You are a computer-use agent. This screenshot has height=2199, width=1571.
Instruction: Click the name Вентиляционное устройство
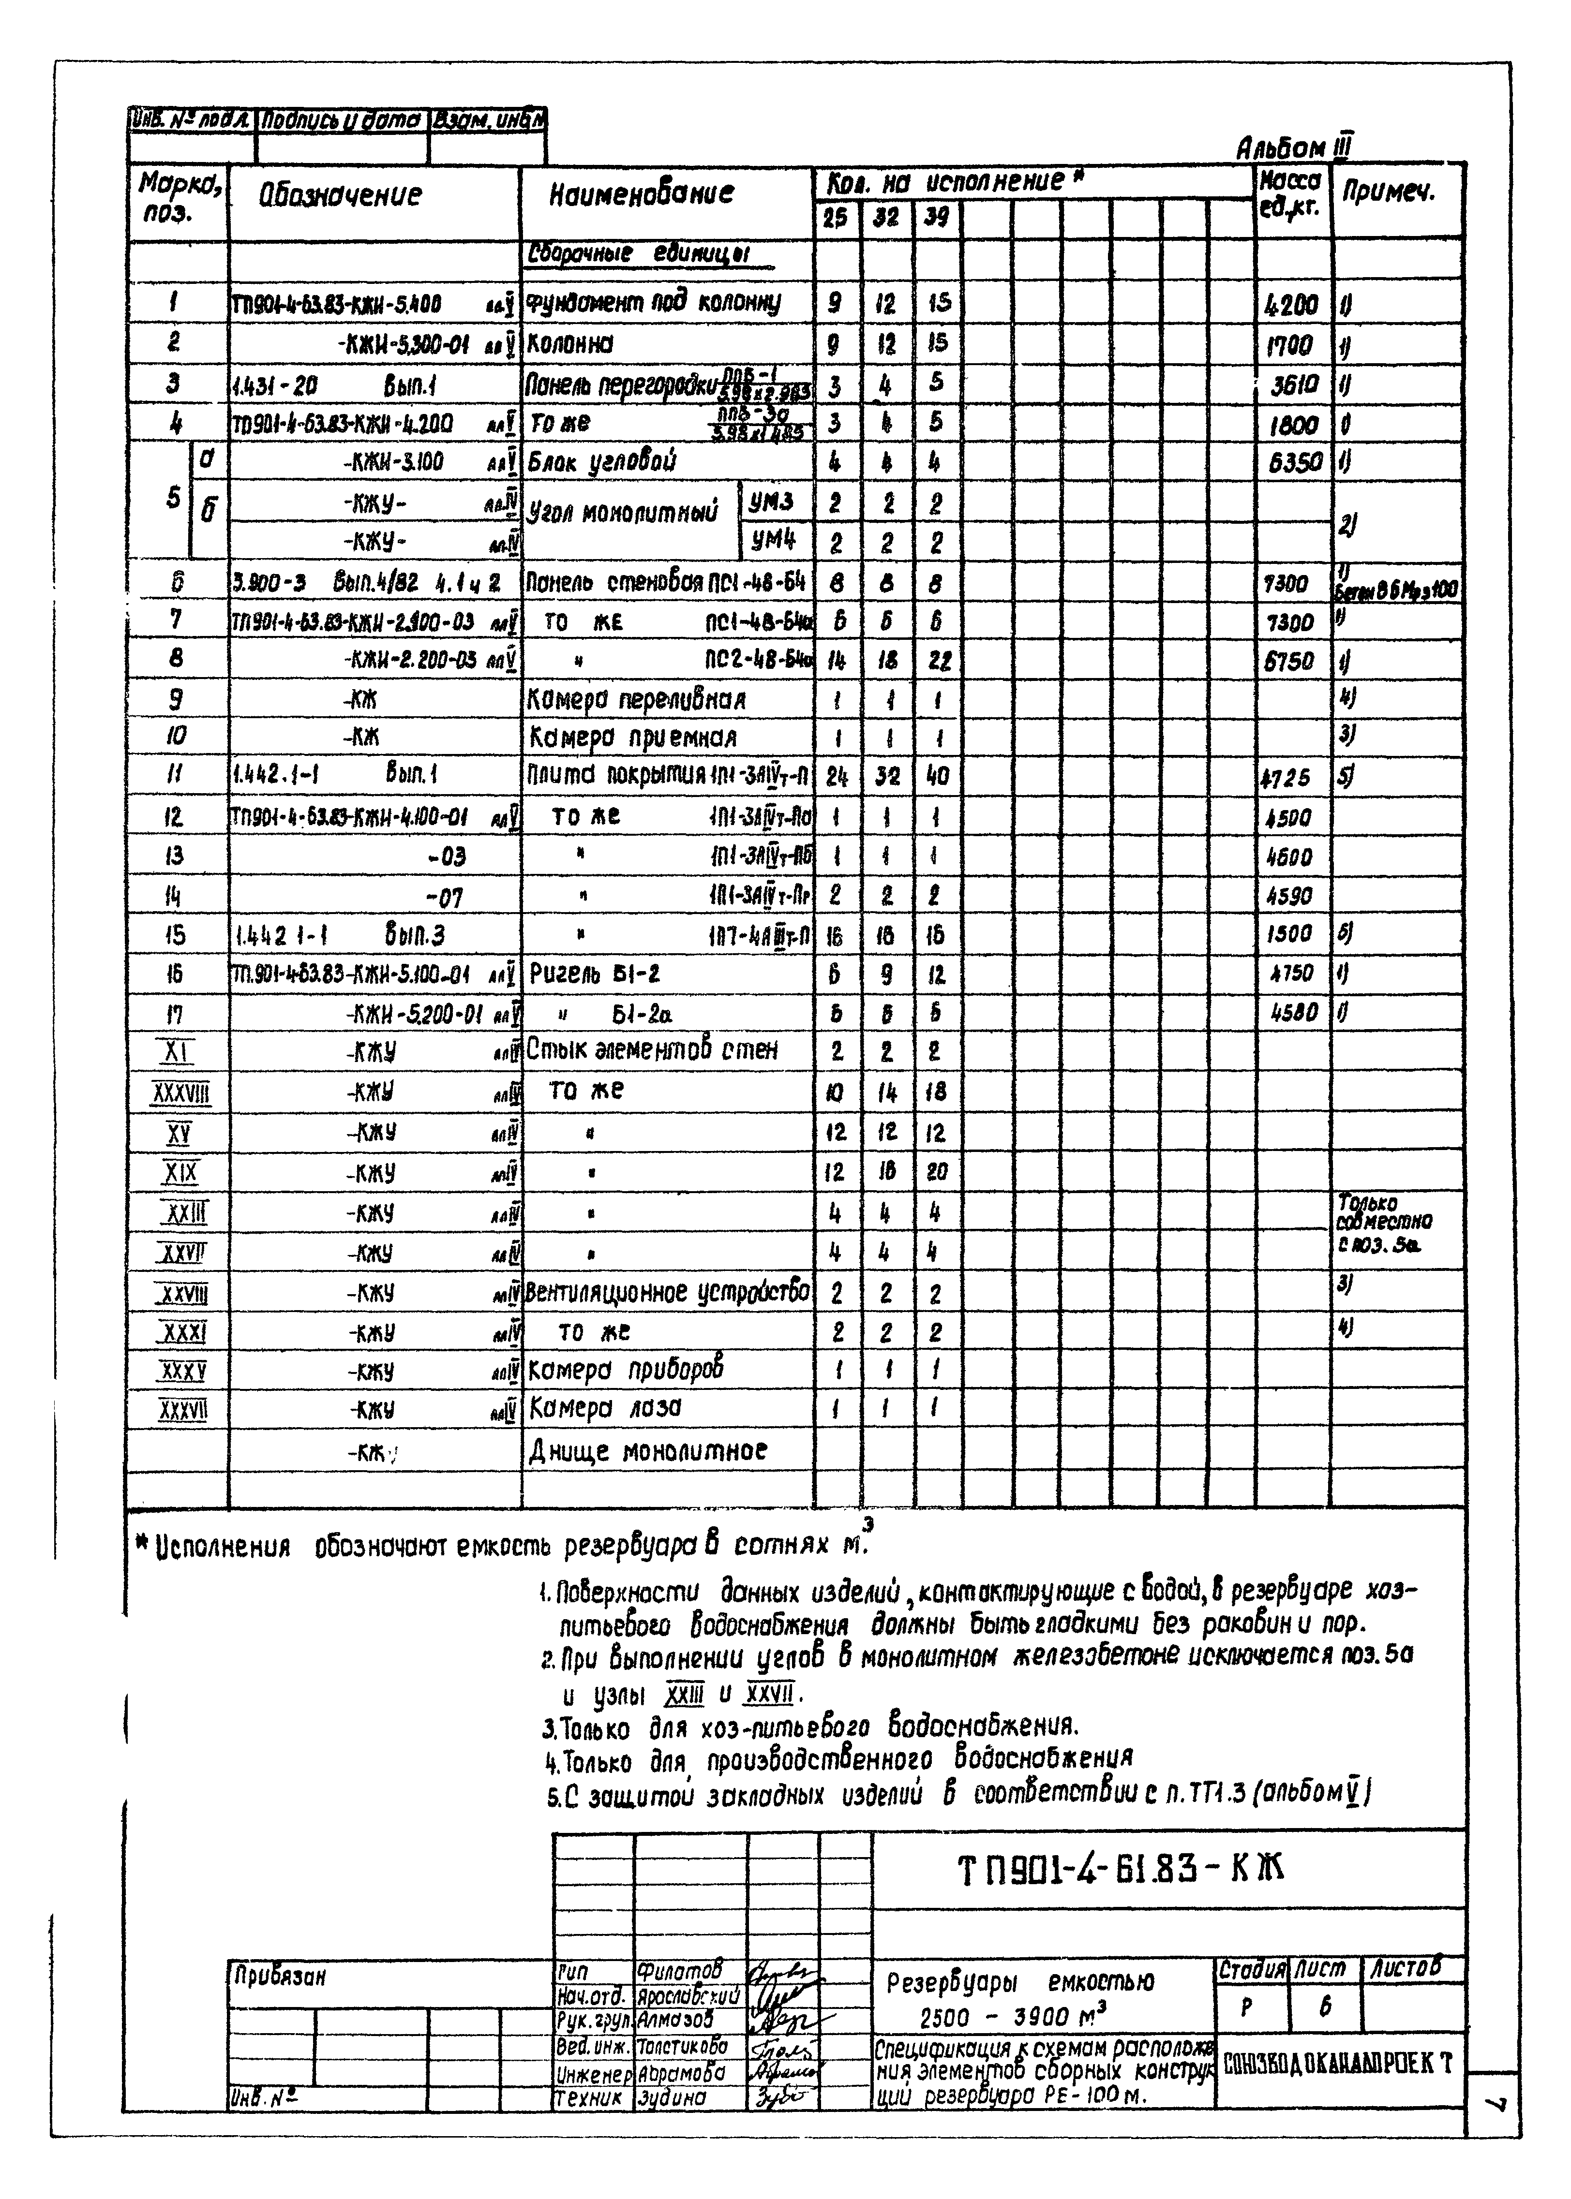[668, 1293]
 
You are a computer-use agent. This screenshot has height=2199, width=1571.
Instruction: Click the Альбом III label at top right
[1293, 148]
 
